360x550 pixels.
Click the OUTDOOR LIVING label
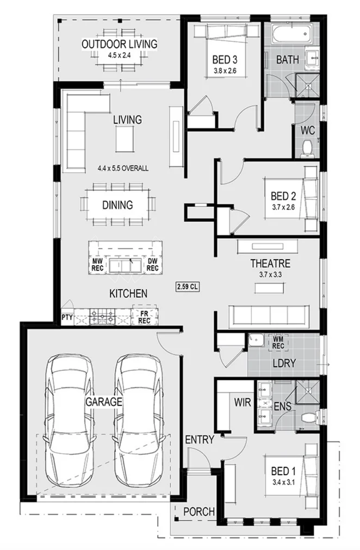click(119, 44)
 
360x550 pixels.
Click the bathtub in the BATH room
click(290, 35)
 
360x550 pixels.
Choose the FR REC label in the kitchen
click(145, 317)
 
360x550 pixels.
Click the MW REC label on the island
click(98, 265)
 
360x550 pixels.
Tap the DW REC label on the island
click(152, 265)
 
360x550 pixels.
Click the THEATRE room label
click(270, 264)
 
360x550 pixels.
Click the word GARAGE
click(103, 402)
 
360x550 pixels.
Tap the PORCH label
click(198, 511)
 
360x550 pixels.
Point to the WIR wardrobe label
click(242, 403)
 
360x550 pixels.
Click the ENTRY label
click(199, 439)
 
